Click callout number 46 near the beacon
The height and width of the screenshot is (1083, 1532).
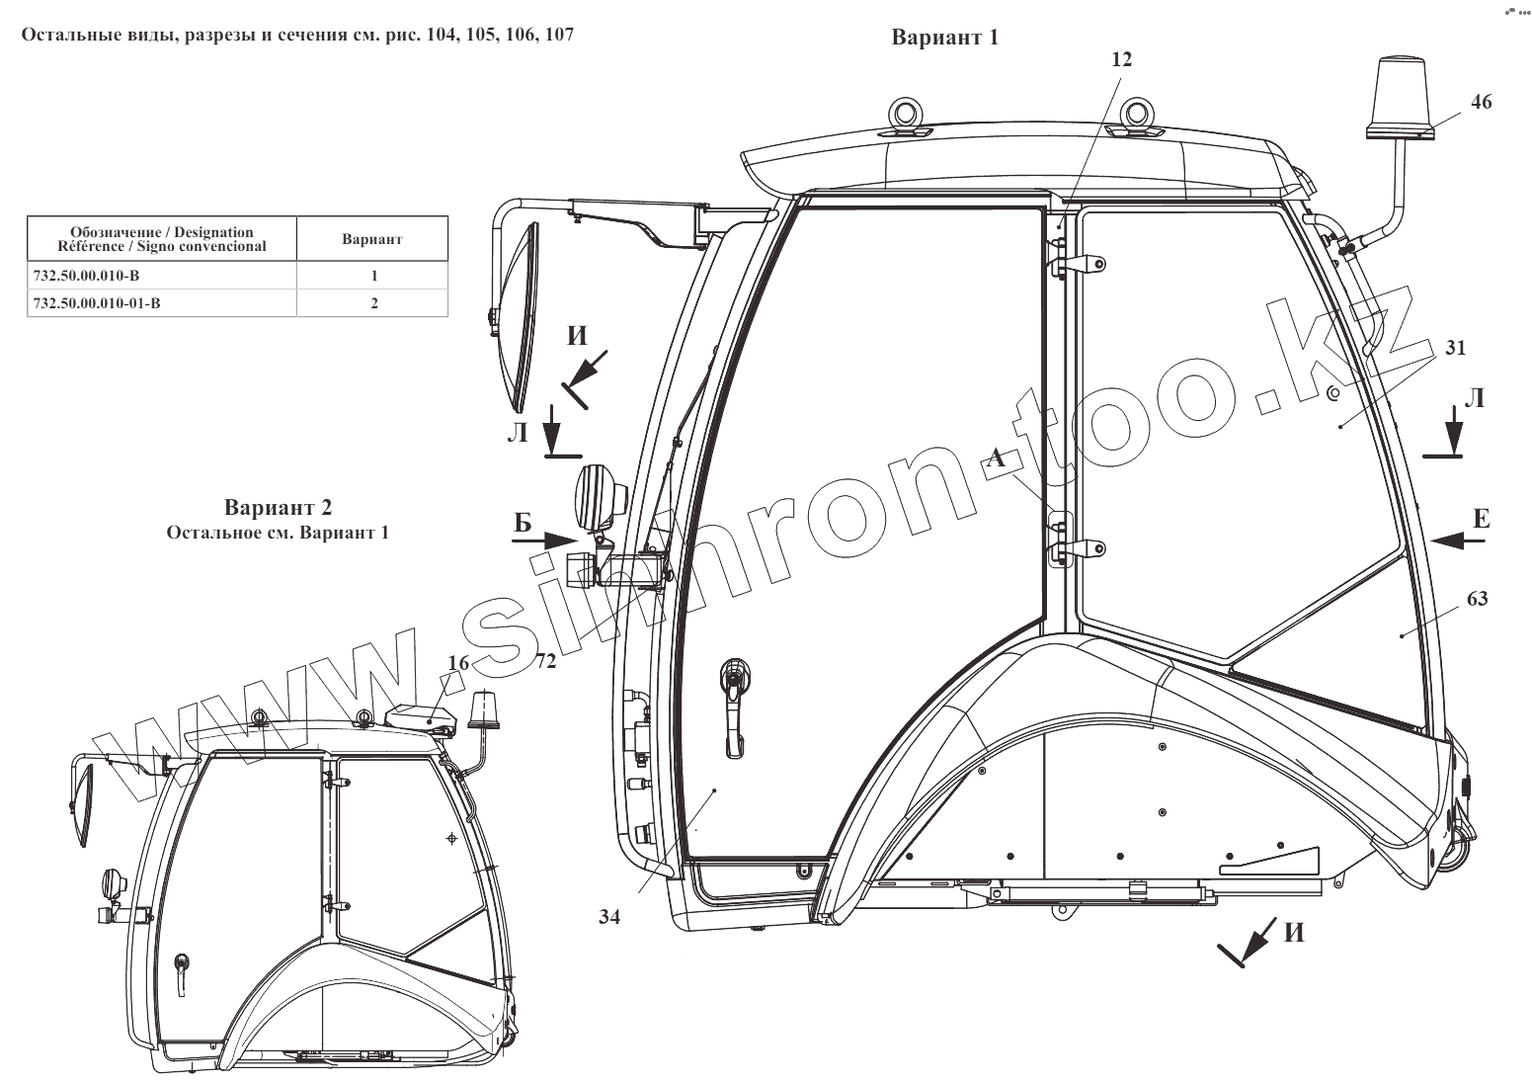1481,102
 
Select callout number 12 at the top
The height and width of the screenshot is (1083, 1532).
1121,59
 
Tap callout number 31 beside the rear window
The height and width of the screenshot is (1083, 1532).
1456,348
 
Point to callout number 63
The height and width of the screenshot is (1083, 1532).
1478,599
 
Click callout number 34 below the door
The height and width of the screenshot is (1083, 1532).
609,917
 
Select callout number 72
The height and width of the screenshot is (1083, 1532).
545,660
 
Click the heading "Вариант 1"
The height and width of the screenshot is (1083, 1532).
945,38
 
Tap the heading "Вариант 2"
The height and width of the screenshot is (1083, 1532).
278,509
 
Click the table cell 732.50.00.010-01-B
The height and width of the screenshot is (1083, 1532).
97,303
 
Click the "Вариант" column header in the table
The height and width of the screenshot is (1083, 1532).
372,239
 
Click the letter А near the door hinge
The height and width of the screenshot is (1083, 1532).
997,457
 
